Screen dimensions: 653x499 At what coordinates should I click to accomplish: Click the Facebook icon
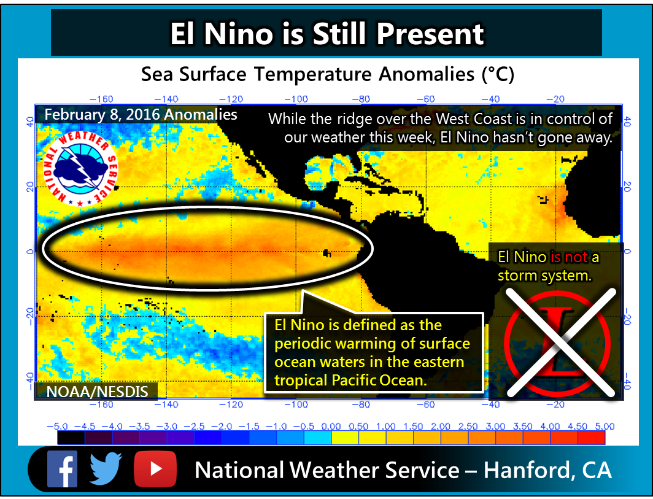click(x=62, y=469)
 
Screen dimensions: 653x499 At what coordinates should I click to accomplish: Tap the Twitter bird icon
click(x=106, y=469)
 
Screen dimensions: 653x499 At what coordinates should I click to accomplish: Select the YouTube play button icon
click(x=155, y=469)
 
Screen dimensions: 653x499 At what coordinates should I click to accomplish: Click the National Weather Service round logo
click(x=81, y=169)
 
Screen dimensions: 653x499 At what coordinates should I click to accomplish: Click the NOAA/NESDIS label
click(x=97, y=392)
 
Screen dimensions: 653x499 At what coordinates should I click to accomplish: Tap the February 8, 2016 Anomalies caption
click(x=141, y=115)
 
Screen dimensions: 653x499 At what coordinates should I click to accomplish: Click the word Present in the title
click(x=430, y=34)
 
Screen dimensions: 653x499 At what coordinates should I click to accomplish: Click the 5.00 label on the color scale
click(x=605, y=426)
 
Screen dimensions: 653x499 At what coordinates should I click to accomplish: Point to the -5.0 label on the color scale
click(x=58, y=426)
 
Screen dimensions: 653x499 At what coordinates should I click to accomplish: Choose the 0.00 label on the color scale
click(x=331, y=426)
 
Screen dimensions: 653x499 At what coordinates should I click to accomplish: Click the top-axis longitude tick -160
click(x=101, y=99)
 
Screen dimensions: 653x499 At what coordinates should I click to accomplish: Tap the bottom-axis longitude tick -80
click(x=361, y=404)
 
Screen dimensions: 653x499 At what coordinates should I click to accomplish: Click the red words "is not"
click(x=569, y=257)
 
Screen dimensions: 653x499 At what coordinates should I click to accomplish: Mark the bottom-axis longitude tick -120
click(x=231, y=404)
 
